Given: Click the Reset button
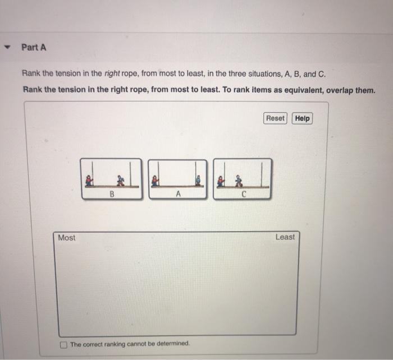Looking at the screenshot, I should [275, 118].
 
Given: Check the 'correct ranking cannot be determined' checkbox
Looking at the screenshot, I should [64, 344].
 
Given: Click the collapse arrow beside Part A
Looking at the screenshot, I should [6, 48].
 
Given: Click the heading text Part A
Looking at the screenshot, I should [34, 48].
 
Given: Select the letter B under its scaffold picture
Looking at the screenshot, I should [112, 194].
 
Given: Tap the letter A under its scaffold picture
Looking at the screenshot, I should [177, 194].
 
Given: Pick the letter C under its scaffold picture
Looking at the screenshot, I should [244, 194].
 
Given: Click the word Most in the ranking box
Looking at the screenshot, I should [66, 238].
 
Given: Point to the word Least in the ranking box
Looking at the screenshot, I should [285, 237].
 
